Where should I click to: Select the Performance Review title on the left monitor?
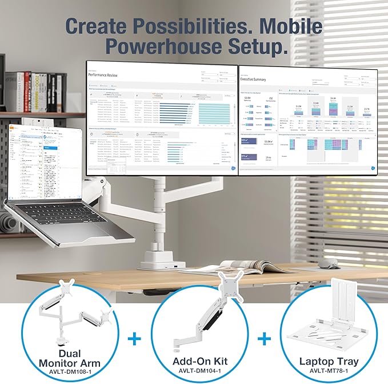pyautogui.click(x=107, y=75)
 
